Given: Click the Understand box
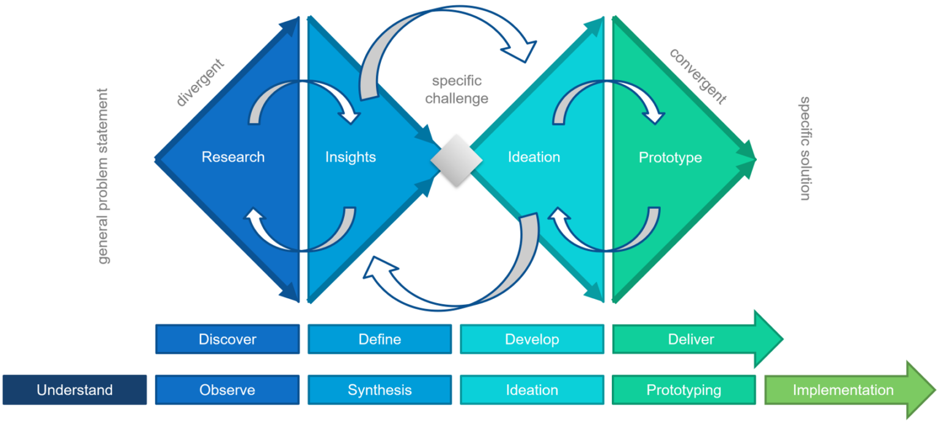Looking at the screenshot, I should point(75,390).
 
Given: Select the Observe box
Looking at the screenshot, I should point(227,390).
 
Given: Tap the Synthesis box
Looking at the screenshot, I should point(380,390).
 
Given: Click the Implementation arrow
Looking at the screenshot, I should point(844,390).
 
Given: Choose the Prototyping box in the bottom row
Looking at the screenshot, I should point(683,390).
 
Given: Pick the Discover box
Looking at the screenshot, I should point(227,339).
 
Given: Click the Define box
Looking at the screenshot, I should point(380,339).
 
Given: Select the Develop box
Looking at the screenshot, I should point(531,339).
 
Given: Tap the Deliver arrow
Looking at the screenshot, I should point(691,339).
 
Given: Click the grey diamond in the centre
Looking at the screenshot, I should point(456,160).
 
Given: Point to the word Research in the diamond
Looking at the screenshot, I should point(233,157).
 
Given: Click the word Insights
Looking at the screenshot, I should point(350,157).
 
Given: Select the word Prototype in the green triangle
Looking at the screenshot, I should point(670,158).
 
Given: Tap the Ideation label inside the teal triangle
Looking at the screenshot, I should point(534,157).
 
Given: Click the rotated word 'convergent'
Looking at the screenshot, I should point(698,76).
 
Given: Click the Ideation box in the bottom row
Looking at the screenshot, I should point(531,390).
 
